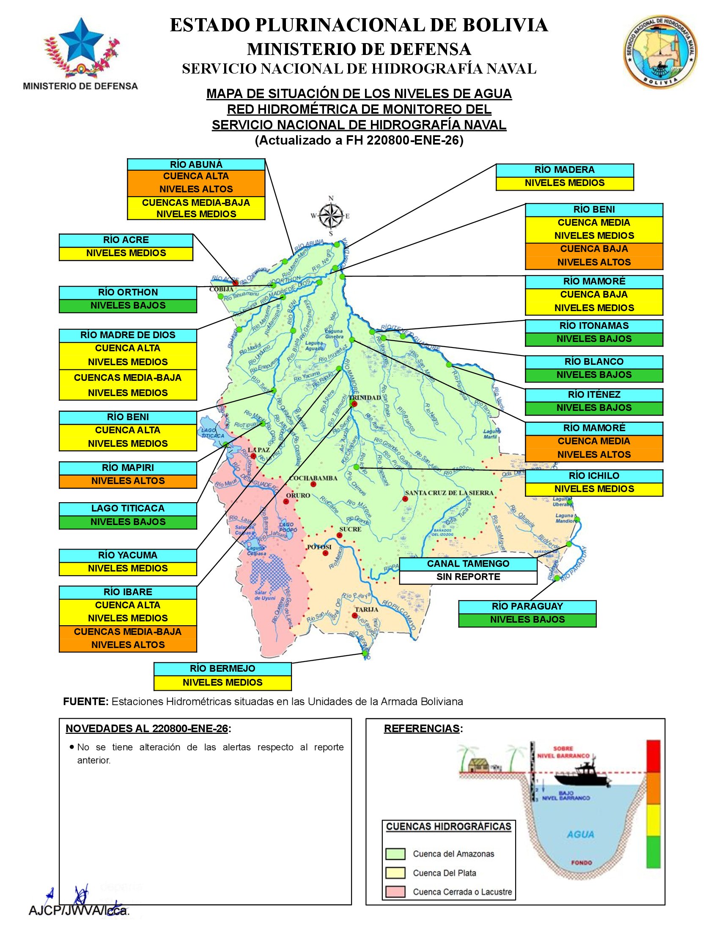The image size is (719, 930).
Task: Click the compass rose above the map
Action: point(331,216)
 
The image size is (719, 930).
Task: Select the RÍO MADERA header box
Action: point(564,170)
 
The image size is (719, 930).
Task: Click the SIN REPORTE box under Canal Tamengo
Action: point(468,577)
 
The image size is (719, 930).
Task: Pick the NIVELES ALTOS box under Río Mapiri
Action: point(128,481)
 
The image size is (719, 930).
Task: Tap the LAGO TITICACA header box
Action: point(128,509)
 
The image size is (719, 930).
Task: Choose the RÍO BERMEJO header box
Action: point(222,669)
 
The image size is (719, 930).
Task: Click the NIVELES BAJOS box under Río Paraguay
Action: point(527,620)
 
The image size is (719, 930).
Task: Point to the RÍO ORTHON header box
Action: point(128,293)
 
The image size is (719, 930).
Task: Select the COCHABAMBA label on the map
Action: point(313,478)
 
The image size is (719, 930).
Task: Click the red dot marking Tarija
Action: point(355,615)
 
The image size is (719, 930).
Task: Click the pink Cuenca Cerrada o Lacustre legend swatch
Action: point(395,892)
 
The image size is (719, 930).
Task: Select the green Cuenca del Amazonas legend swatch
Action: point(395,854)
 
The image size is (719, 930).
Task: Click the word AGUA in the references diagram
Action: point(580,834)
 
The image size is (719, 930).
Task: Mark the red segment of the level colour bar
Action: point(653,756)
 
